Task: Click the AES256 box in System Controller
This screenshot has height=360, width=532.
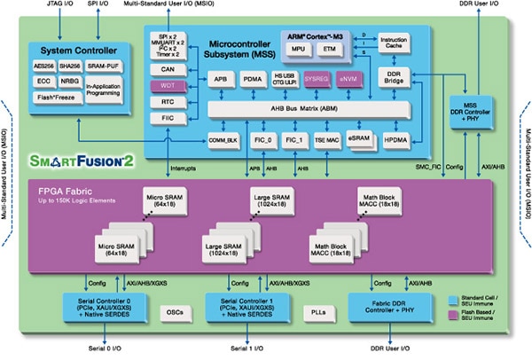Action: [43, 66]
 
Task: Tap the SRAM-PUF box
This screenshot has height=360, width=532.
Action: [105, 66]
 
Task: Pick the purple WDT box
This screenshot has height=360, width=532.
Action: [168, 85]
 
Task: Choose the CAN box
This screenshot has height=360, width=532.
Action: [168, 68]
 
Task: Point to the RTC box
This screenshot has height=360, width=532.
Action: [168, 100]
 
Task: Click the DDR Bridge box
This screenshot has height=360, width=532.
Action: [394, 77]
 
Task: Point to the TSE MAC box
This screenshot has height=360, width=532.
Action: [325, 139]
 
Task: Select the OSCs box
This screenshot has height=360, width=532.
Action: [176, 312]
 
